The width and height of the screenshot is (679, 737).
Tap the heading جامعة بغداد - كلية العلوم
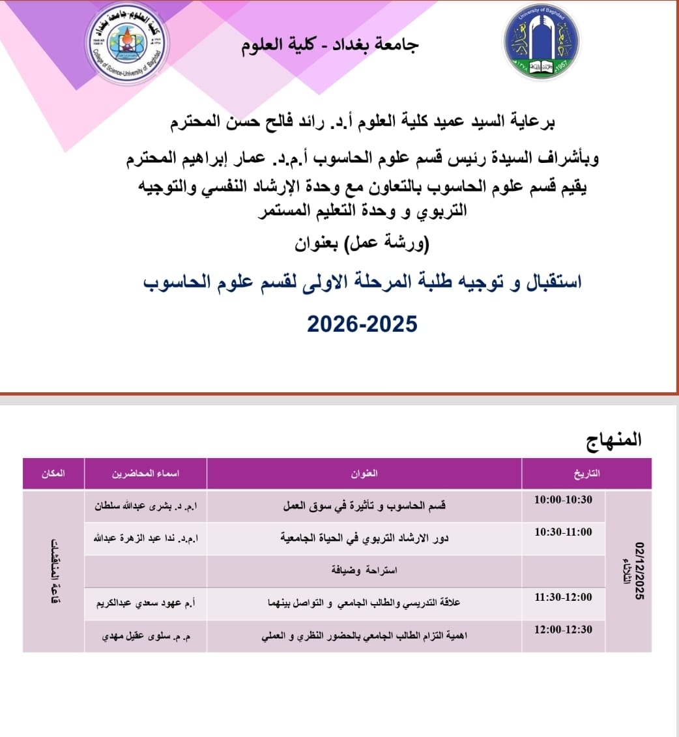point(331,44)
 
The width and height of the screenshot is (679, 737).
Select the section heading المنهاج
point(614,440)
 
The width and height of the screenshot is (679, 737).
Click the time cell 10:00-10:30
point(563,499)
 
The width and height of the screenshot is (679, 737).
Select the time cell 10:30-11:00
point(563,532)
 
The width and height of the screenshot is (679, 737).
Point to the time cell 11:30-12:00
point(563,597)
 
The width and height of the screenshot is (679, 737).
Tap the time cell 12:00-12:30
point(563,629)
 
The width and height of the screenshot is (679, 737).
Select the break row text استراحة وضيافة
point(364,571)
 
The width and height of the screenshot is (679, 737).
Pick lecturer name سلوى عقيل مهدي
point(146,636)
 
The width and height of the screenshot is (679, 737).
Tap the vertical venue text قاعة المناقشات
point(55,571)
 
